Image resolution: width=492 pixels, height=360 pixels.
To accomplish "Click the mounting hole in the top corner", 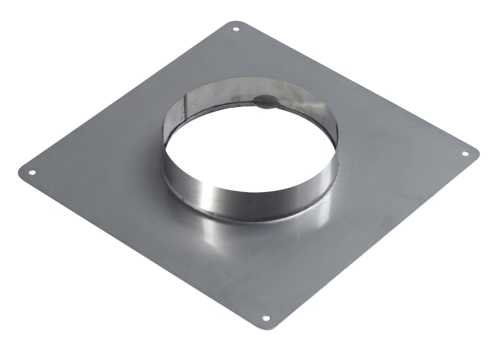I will click(236, 30).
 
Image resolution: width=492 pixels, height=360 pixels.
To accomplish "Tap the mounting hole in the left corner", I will click(32, 172).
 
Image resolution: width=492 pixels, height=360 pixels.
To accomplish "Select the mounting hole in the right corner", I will click(465, 154).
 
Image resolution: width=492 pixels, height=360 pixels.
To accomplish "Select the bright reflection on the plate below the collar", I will click(219, 230).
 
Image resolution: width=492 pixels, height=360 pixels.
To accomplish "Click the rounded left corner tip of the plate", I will click(20, 171).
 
